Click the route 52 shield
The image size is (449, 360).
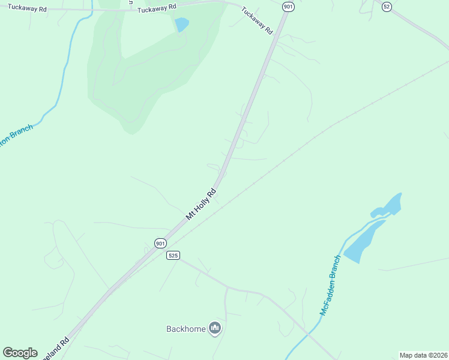click(387, 6)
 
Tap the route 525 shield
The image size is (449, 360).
click(173, 255)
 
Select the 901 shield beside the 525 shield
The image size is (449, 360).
click(160, 243)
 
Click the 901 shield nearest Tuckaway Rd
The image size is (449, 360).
click(289, 7)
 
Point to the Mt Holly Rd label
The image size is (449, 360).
click(200, 205)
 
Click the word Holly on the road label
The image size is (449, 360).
click(201, 204)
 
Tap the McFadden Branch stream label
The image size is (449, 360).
click(331, 285)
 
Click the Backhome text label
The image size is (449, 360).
click(186, 329)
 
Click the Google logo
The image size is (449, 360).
click(20, 353)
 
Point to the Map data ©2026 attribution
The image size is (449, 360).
click(423, 355)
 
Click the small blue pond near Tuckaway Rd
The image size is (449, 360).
click(181, 25)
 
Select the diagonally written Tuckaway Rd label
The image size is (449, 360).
click(257, 20)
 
